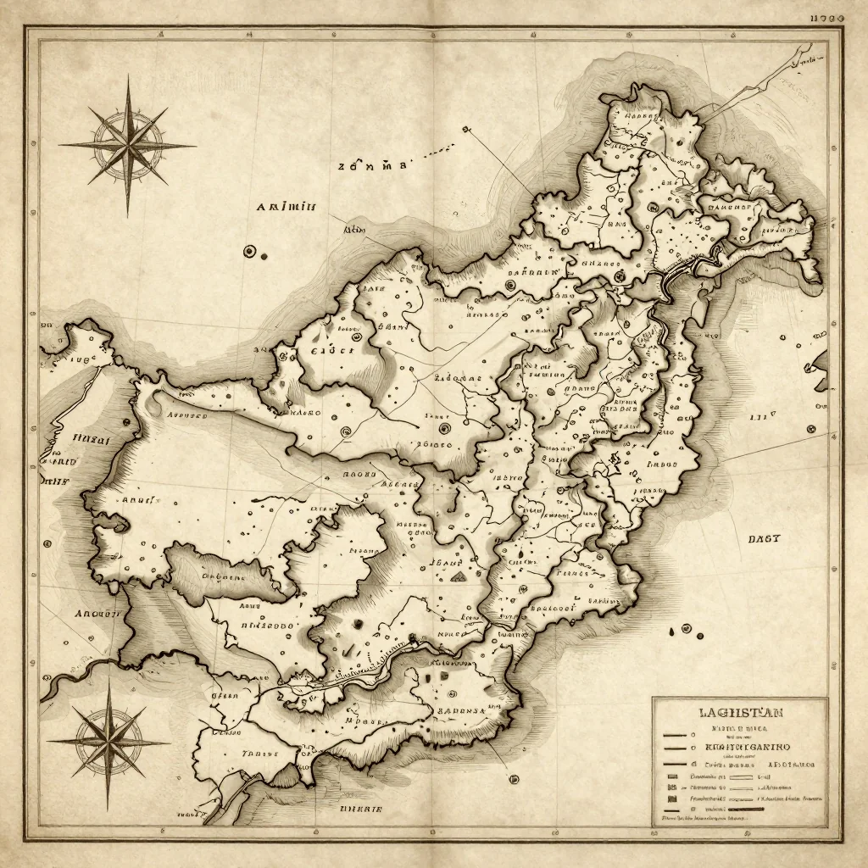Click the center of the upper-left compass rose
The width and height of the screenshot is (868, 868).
[129, 145]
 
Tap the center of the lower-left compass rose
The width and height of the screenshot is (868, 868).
[108, 743]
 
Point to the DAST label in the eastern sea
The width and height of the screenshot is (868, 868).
[764, 538]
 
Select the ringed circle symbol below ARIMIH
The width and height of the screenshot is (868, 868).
[249, 251]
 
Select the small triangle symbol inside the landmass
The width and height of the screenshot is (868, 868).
[459, 576]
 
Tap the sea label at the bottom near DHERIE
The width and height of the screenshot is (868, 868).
[359, 810]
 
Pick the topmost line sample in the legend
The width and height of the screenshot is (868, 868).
[674, 736]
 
